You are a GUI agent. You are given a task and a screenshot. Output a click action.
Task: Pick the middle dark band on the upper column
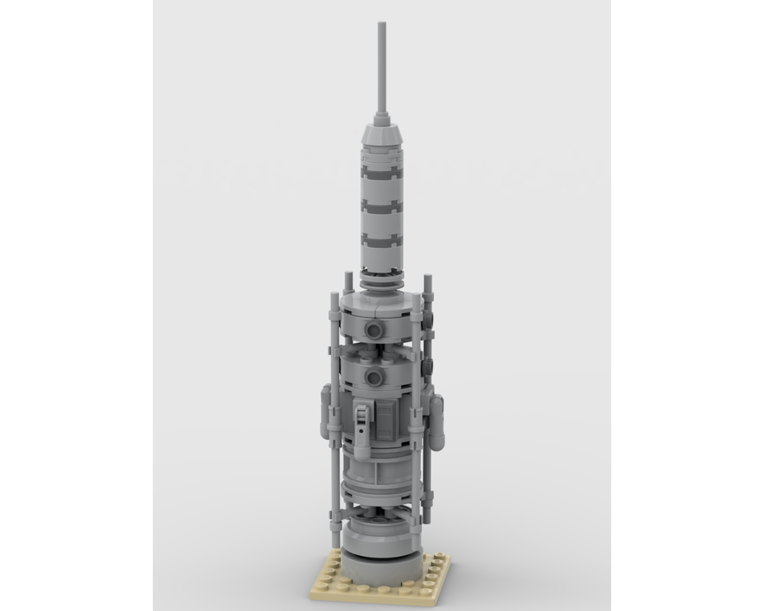[381, 205]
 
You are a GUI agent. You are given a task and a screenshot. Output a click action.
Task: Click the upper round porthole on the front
[374, 329]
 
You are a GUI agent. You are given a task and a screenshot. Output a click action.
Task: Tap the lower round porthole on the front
[374, 376]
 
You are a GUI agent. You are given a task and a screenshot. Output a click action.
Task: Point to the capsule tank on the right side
[436, 425]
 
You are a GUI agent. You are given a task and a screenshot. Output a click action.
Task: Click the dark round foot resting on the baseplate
[380, 565]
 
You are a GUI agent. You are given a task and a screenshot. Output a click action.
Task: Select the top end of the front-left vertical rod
[334, 294]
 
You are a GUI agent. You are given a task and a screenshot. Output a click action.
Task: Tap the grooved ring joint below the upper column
[380, 283]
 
